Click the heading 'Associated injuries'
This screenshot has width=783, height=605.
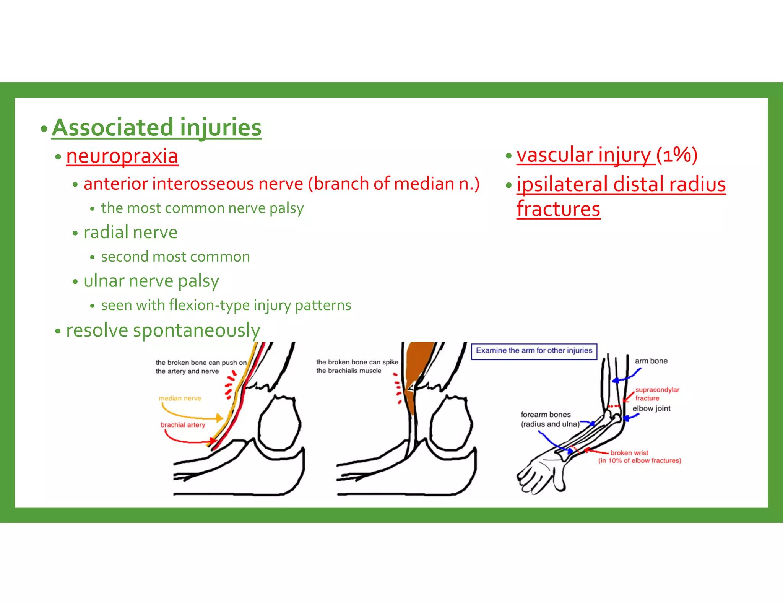(x=157, y=127)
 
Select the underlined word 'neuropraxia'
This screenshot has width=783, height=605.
(x=122, y=156)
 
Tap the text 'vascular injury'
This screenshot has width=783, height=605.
(x=585, y=155)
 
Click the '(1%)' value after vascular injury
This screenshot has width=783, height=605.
(x=677, y=155)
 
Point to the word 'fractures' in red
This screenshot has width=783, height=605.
(x=558, y=209)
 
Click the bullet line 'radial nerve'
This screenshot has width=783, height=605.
(x=130, y=233)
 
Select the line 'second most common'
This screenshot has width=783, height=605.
(x=175, y=257)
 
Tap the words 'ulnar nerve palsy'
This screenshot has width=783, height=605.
(x=151, y=281)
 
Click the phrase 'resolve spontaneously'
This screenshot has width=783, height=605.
(x=163, y=330)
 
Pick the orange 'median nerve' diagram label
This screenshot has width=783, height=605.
(x=180, y=398)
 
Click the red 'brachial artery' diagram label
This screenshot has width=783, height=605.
(x=183, y=425)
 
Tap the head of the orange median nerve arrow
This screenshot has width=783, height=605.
(x=219, y=418)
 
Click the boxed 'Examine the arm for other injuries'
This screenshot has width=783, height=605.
(x=534, y=351)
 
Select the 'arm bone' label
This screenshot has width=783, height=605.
(x=651, y=361)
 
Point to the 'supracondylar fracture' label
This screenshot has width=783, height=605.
(x=657, y=394)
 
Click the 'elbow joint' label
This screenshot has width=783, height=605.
(x=651, y=408)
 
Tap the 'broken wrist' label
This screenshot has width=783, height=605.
(x=629, y=453)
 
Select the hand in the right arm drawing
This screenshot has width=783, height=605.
(x=539, y=472)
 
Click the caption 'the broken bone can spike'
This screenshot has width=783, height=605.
(x=357, y=362)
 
